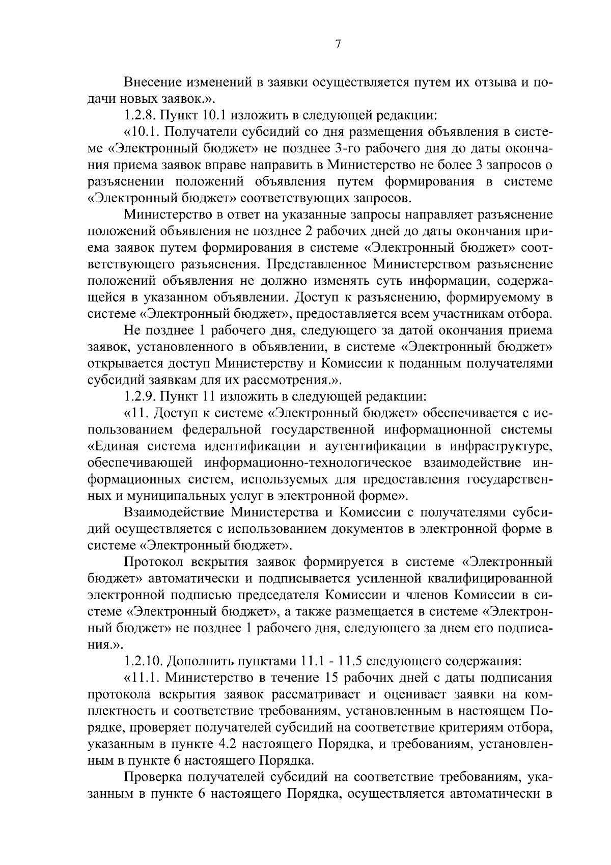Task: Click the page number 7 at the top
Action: pos(338,44)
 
